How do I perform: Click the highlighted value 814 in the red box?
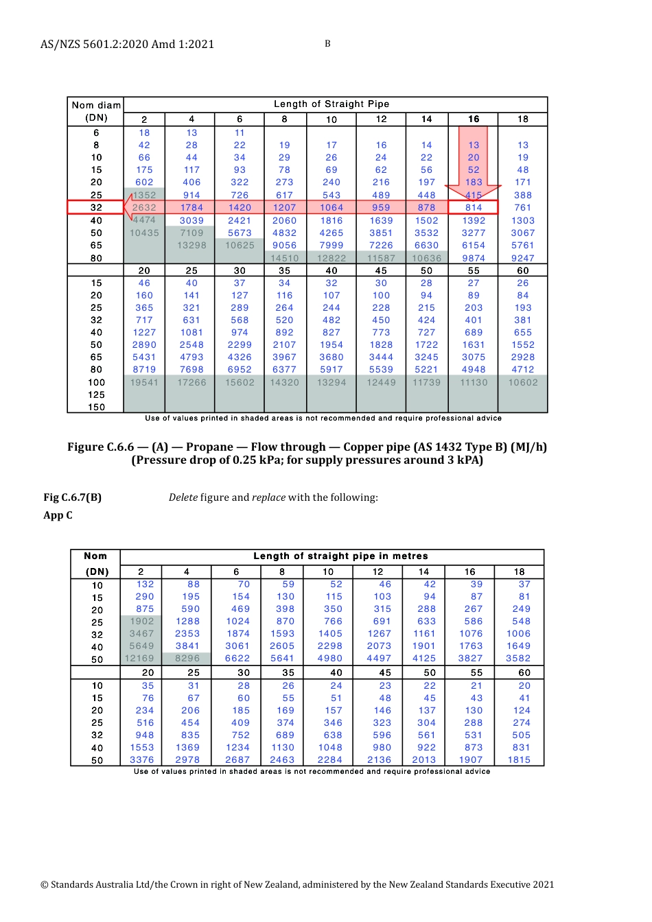(x=474, y=208)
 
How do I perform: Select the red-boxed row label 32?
(x=96, y=208)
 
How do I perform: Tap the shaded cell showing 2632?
(x=145, y=208)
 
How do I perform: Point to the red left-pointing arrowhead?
(x=128, y=207)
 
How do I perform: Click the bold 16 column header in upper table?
(x=474, y=119)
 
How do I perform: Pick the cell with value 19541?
(x=144, y=383)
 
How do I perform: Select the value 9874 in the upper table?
(x=474, y=259)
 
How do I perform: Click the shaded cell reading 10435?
(x=144, y=233)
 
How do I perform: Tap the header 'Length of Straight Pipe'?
(x=331, y=104)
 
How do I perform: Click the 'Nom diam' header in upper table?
(x=96, y=105)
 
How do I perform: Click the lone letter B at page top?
(x=327, y=44)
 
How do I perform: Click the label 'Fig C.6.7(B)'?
(x=72, y=497)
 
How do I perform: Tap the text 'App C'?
(x=58, y=515)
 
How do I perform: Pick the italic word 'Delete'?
(x=183, y=497)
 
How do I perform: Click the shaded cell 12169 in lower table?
(x=139, y=659)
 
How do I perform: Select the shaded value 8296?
(x=187, y=659)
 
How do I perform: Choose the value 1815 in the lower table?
(x=519, y=760)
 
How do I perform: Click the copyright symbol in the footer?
(x=45, y=885)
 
